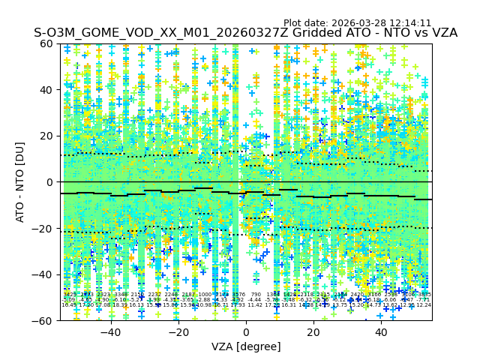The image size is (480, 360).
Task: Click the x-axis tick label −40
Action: click(x=110, y=332)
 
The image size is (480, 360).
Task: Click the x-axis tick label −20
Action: click(x=178, y=332)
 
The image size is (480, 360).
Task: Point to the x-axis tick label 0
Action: click(x=246, y=332)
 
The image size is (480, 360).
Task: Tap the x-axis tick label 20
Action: click(x=313, y=332)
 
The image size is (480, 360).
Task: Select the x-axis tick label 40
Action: click(x=381, y=332)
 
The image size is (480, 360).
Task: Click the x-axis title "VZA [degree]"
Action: click(x=246, y=346)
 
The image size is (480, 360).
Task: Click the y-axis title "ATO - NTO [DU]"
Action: click(x=20, y=182)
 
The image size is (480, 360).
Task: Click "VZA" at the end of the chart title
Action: click(x=443, y=33)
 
